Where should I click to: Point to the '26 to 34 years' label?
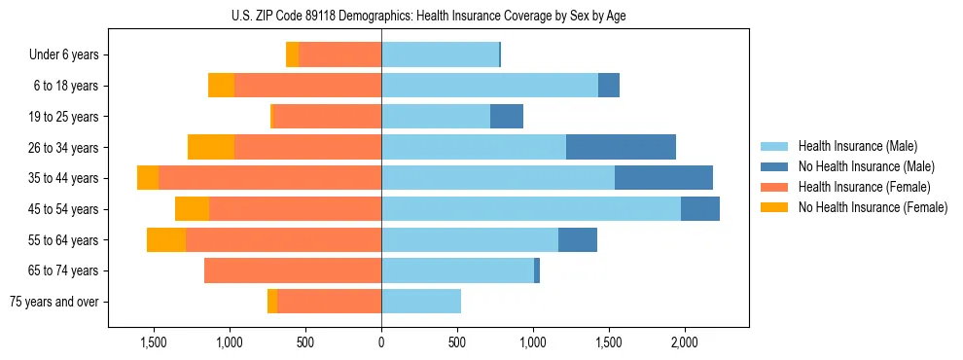[63, 148]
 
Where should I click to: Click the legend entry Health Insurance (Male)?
[857, 146]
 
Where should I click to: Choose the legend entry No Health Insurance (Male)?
[866, 166]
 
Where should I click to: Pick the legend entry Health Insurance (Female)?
[864, 187]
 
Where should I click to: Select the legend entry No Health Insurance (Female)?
[873, 207]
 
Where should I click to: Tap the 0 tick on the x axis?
[381, 342]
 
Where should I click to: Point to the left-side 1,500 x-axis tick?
[154, 342]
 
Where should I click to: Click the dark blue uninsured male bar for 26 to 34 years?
[621, 147]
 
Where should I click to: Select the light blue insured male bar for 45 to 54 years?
[531, 208]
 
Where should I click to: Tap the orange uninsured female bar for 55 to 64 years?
[166, 239]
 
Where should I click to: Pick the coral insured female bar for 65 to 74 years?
[293, 270]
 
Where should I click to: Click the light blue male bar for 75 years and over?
[421, 302]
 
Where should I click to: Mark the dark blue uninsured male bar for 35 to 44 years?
[663, 178]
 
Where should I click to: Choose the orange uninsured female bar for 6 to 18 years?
[221, 86]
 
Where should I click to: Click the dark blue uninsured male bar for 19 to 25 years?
[507, 117]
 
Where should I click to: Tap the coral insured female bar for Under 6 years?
[339, 54]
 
